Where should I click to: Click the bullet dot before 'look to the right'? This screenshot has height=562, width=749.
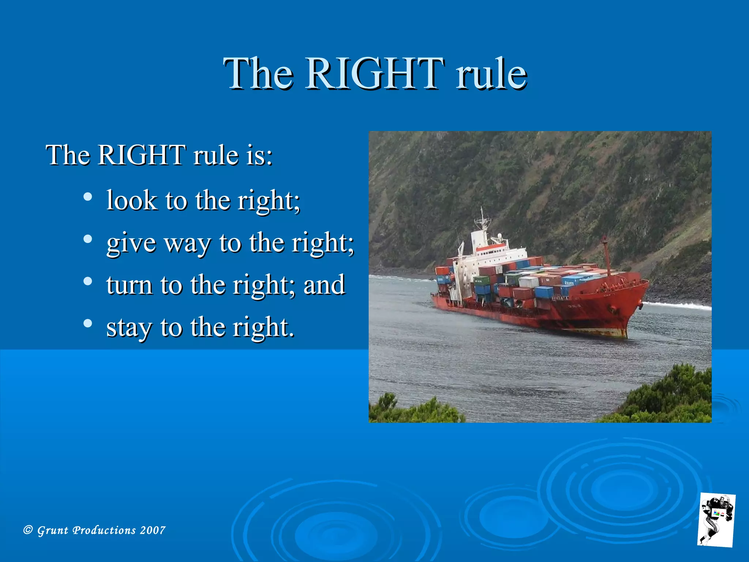(x=87, y=197)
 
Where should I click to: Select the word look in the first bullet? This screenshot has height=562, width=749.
(x=131, y=201)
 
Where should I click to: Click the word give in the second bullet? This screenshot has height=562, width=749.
(x=131, y=243)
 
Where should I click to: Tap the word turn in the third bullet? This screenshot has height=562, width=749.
(x=129, y=285)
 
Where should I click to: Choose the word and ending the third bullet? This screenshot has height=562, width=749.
(x=324, y=285)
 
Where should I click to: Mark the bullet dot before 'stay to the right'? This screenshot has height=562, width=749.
(x=87, y=323)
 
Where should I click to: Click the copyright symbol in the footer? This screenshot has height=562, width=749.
(x=28, y=530)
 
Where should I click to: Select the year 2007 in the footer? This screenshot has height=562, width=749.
(x=153, y=530)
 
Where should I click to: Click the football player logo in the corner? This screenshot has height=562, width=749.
(x=716, y=520)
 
